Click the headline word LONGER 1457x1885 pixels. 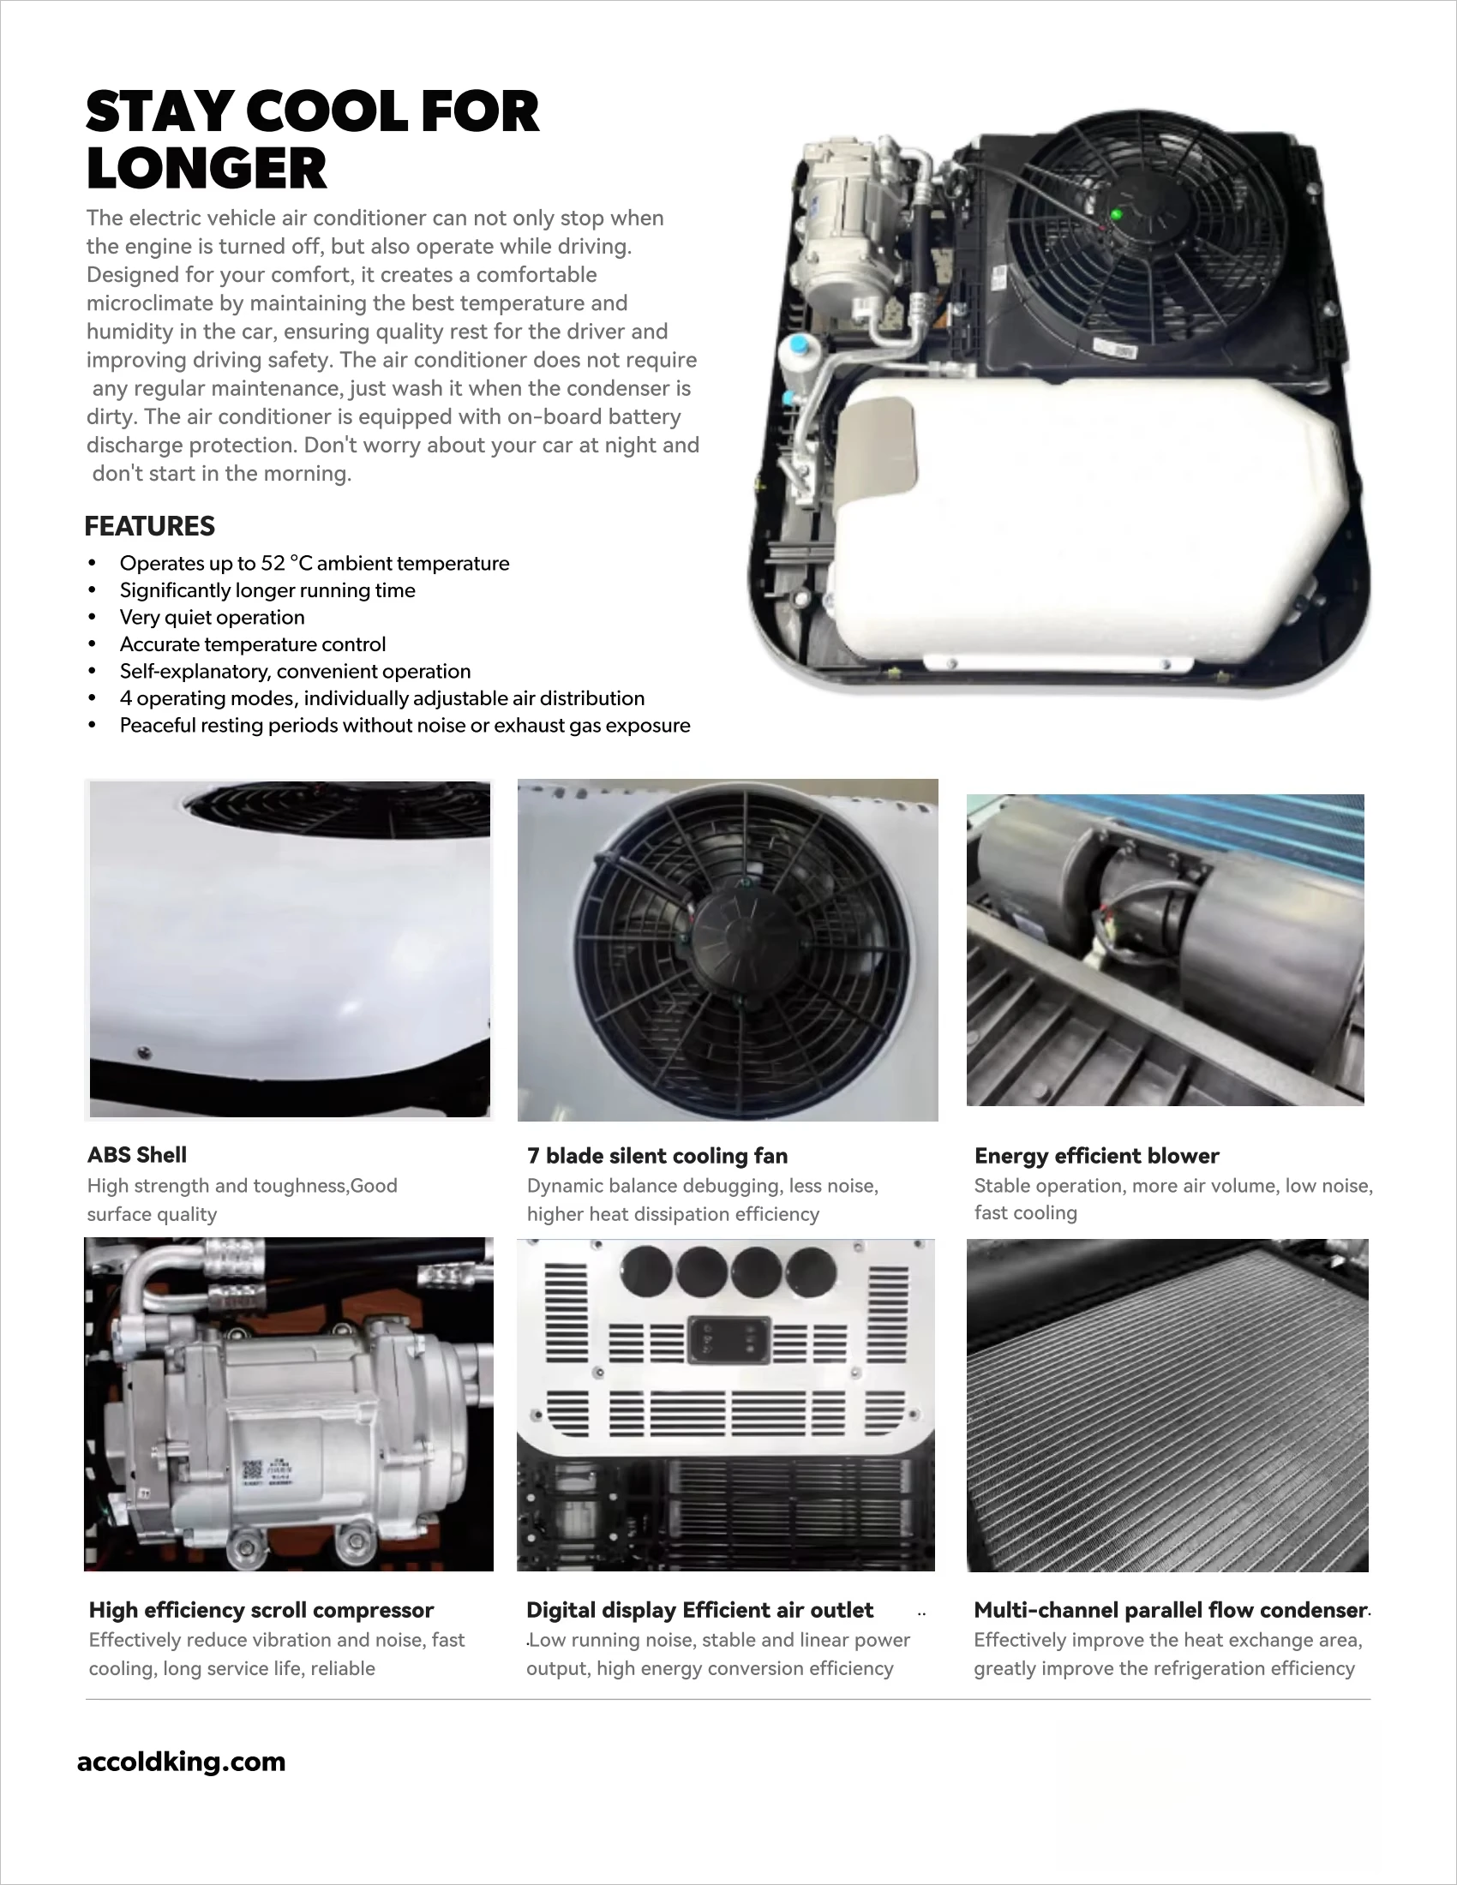click(207, 168)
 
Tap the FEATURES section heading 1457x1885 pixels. click(149, 525)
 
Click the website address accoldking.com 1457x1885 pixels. click(181, 1762)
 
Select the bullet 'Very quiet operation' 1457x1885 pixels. click(212, 617)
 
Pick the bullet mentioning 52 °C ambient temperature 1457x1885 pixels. click(315, 564)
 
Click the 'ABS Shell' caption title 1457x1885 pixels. click(136, 1155)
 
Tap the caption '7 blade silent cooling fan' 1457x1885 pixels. click(657, 1156)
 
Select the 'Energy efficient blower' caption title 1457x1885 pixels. click(1096, 1156)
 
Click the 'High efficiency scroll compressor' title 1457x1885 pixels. click(261, 1610)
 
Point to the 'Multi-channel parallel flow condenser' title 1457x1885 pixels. click(1170, 1610)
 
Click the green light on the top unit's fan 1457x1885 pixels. click(1116, 213)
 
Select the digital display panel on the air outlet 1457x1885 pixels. click(728, 1339)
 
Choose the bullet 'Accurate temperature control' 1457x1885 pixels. click(252, 644)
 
